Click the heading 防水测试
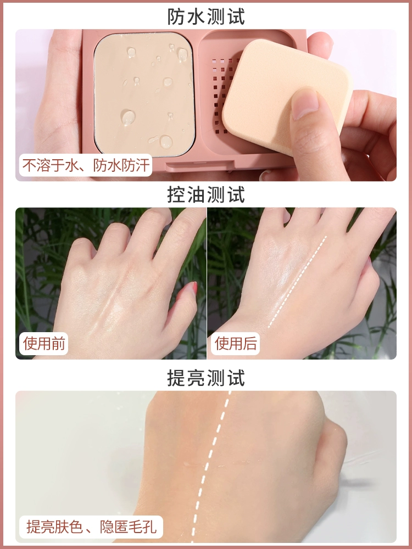click(206, 16)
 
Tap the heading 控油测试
click(206, 195)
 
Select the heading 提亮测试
click(206, 378)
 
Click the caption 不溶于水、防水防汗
click(86, 165)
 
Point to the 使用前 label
click(44, 344)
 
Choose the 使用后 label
click(236, 344)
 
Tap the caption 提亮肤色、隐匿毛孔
click(91, 527)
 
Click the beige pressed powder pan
click(144, 94)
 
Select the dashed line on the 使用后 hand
click(297, 282)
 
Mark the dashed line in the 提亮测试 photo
click(211, 466)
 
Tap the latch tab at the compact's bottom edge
click(200, 166)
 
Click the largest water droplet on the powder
click(128, 117)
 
